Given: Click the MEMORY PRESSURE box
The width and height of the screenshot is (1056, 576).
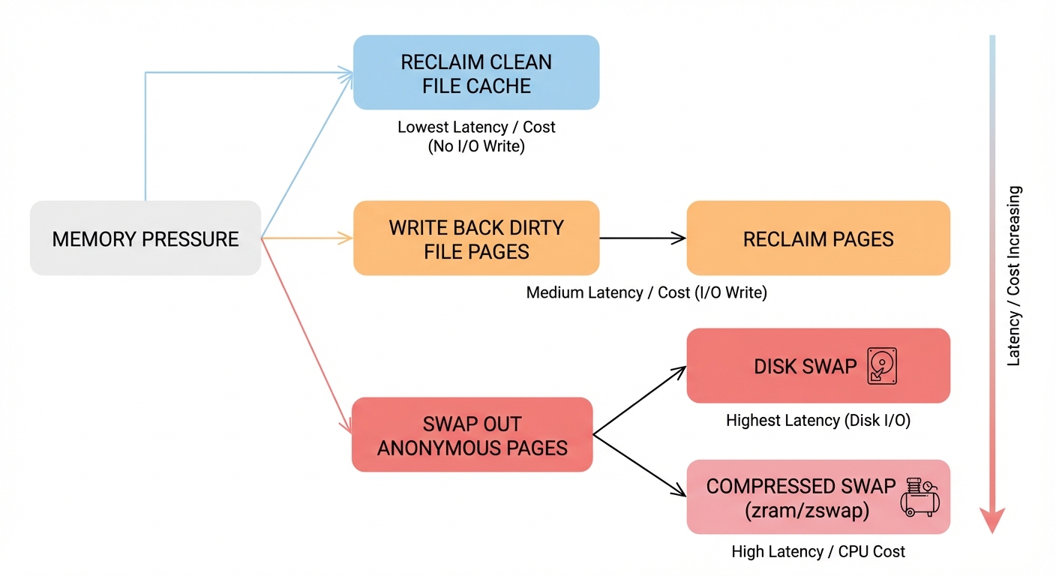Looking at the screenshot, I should pyautogui.click(x=145, y=238).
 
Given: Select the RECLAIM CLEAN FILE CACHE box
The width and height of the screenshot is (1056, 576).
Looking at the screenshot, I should pyautogui.click(x=476, y=73).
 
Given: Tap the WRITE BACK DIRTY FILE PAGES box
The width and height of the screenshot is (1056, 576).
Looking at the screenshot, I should pyautogui.click(x=476, y=238).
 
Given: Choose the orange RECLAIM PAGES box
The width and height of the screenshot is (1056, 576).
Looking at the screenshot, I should pyautogui.click(x=818, y=238).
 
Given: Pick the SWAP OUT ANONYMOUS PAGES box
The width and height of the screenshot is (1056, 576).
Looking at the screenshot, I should pyautogui.click(x=472, y=435).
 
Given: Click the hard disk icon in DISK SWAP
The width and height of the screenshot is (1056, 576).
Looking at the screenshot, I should pyautogui.click(x=882, y=367).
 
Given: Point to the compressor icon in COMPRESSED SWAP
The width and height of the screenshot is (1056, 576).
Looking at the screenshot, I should pyautogui.click(x=919, y=497).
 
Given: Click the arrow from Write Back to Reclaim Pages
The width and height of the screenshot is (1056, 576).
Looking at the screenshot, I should pyautogui.click(x=643, y=238).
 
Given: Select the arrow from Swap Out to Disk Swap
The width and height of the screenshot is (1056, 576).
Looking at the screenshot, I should pyautogui.click(x=640, y=400).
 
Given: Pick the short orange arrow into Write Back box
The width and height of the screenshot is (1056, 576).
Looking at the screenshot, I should pyautogui.click(x=307, y=238).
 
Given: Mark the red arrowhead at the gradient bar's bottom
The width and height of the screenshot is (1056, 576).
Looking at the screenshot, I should pyautogui.click(x=992, y=519).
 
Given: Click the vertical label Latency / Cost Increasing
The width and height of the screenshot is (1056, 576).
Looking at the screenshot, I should pyautogui.click(x=1014, y=276).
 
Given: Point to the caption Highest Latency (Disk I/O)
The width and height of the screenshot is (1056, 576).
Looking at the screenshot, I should pyautogui.click(x=817, y=421).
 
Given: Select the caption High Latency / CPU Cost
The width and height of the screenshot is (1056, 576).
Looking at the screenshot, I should pyautogui.click(x=817, y=552).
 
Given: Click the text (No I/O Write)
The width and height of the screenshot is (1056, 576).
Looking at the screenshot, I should pyautogui.click(x=476, y=147).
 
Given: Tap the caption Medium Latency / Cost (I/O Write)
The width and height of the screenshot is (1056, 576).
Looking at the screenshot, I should pyautogui.click(x=646, y=292).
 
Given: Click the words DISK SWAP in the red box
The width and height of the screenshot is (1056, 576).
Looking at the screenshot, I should pyautogui.click(x=805, y=367).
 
